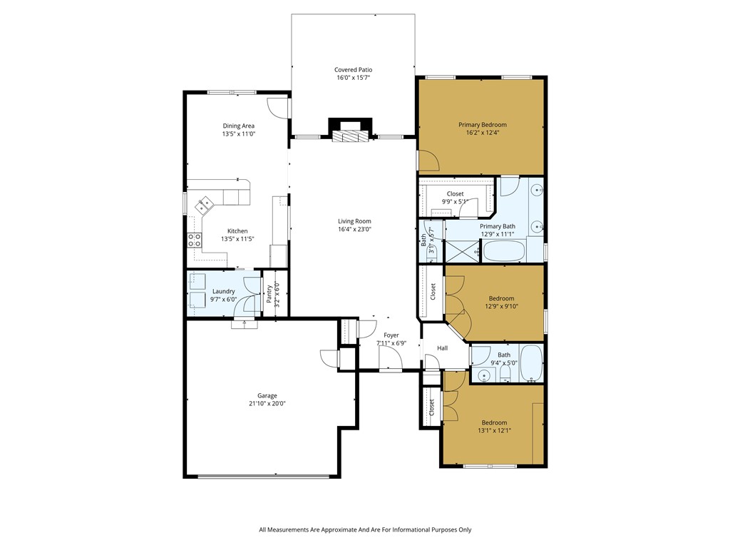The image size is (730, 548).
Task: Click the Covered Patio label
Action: click(354, 70)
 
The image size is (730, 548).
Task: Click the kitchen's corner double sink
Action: click(205, 205)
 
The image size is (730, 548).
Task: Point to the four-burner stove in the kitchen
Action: click(193, 240)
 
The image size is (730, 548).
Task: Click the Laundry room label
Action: click(224, 291)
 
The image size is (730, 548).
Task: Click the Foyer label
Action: click(391, 335)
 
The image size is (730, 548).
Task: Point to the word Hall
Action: click(442, 348)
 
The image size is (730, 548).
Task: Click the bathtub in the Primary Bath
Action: click(505, 251)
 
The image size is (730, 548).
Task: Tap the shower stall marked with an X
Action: click(462, 251)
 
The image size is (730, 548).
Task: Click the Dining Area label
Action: click(238, 126)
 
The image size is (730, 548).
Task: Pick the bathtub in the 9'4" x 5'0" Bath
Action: click(531, 363)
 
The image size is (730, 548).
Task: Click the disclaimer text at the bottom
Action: click(365, 529)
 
